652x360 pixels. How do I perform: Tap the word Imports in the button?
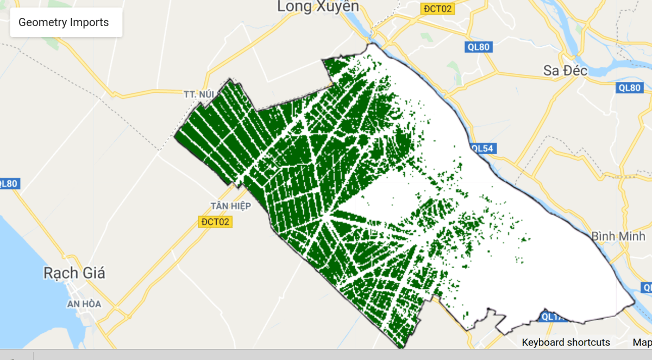[89, 22]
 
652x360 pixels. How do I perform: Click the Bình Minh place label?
[618, 236]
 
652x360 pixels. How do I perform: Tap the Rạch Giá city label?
[74, 273]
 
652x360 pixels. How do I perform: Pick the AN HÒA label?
[84, 304]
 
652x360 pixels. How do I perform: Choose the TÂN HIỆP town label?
[231, 206]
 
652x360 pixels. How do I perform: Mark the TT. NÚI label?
[198, 94]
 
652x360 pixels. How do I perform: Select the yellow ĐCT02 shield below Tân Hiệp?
[216, 222]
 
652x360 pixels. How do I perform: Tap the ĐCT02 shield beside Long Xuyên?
[438, 9]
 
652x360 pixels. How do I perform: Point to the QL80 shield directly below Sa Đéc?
[630, 88]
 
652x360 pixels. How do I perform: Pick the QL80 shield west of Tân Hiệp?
[9, 184]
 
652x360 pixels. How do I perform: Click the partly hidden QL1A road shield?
[553, 317]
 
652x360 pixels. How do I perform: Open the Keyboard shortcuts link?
[566, 342]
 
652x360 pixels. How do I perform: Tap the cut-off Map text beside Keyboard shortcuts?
[642, 342]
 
